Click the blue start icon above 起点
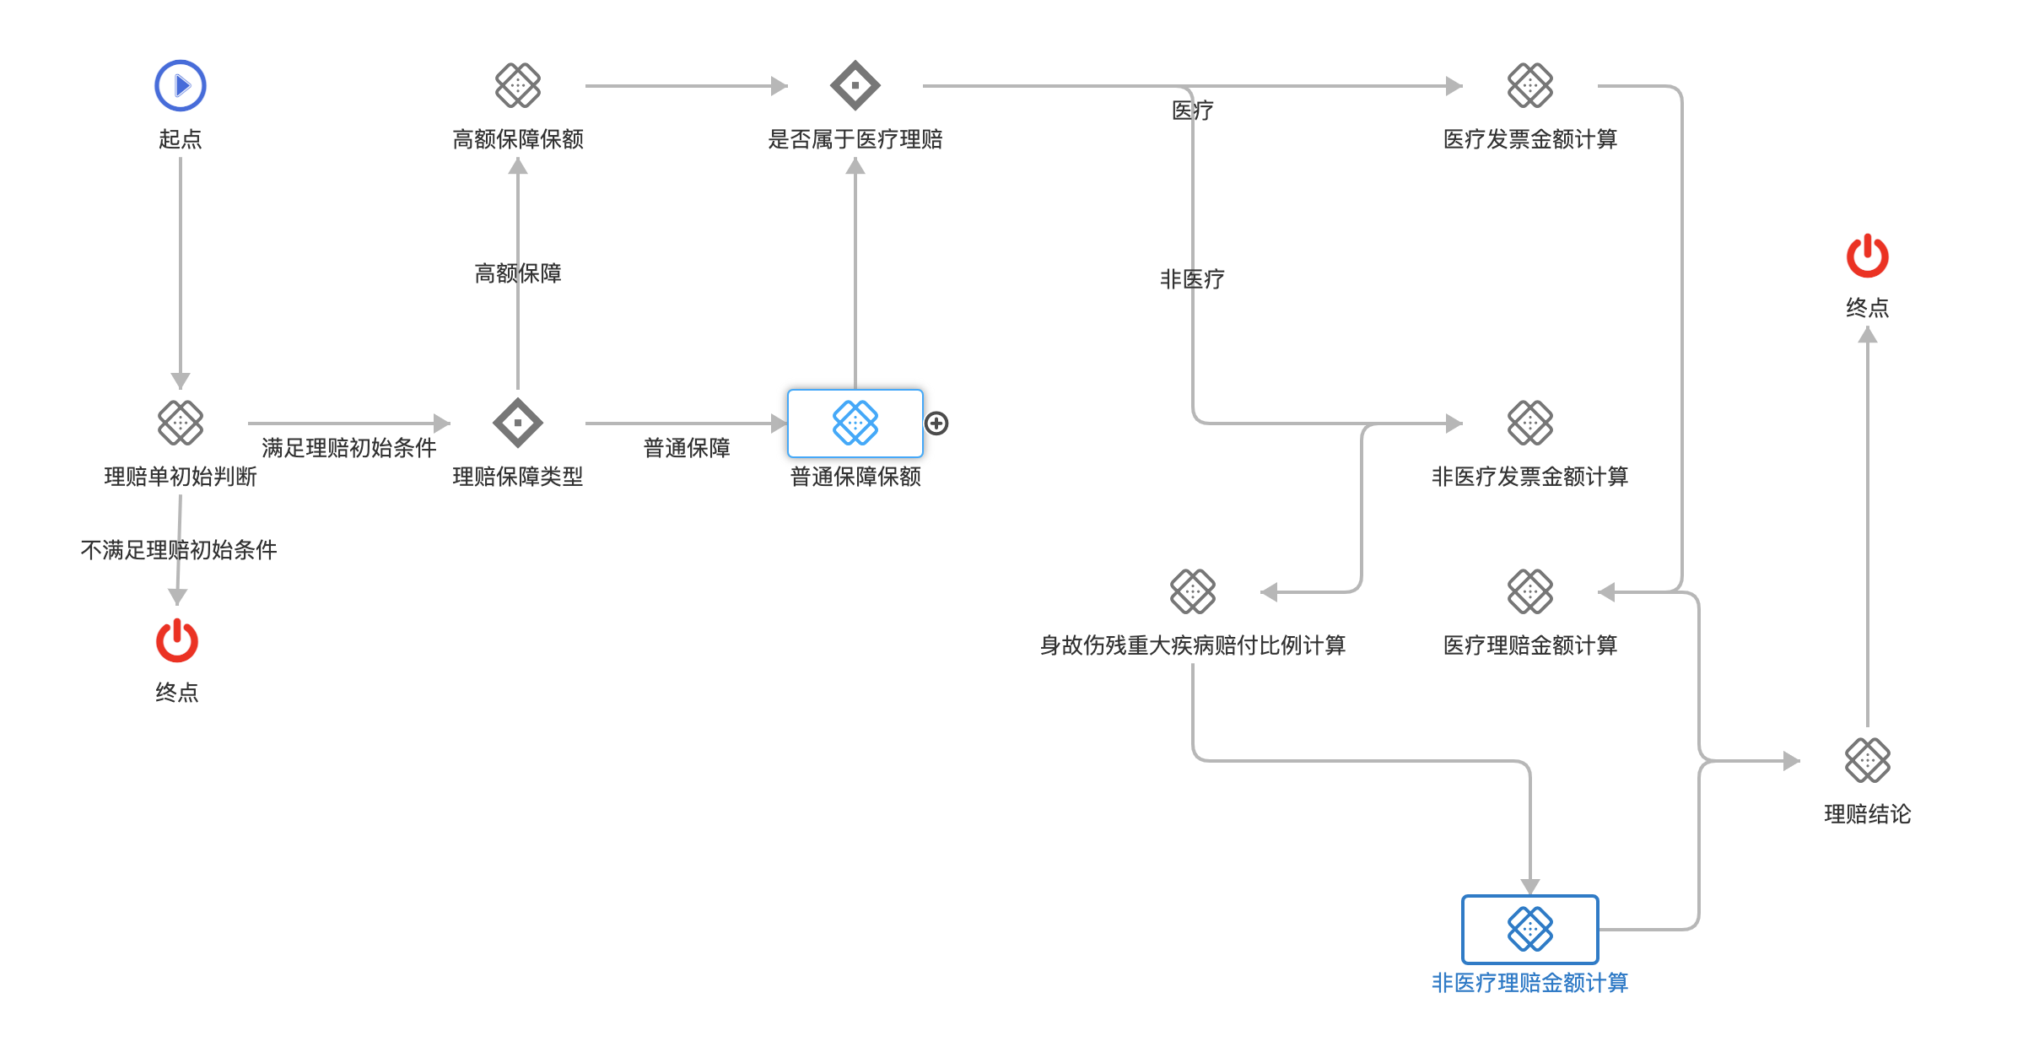[181, 85]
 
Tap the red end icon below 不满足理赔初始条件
[177, 640]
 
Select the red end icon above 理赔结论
[1867, 256]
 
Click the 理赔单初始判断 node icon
[181, 423]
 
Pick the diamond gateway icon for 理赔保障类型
[518, 423]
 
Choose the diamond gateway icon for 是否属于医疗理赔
[855, 85]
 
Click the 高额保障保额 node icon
[518, 85]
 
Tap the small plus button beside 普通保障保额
[936, 424]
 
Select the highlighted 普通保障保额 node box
[855, 423]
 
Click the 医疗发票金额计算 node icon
[1530, 85]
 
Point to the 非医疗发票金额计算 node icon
[1530, 423]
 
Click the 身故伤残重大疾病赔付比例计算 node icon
[1193, 591]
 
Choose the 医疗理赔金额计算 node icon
[1530, 591]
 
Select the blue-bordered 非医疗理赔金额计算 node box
[1530, 929]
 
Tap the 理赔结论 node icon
[1868, 760]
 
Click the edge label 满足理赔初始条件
[349, 448]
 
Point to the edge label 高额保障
[518, 273]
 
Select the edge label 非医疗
[1192, 279]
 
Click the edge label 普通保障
[687, 448]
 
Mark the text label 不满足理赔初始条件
[179, 550]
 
